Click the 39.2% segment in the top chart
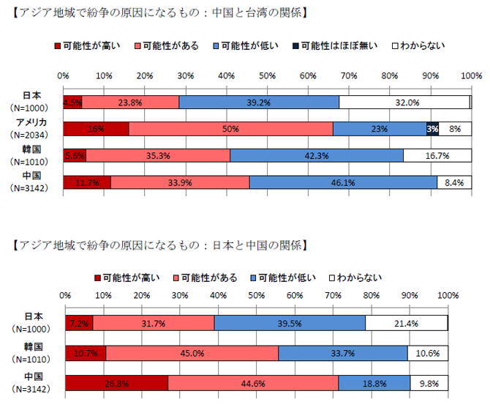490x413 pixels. point(259,103)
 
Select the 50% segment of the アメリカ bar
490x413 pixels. point(231,129)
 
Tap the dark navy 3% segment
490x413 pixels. point(432,129)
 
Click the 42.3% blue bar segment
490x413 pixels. point(316,155)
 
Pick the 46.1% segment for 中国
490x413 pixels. point(343,182)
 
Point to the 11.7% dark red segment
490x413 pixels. point(87,182)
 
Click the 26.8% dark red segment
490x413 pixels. point(116,383)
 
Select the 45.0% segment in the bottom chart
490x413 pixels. point(192,353)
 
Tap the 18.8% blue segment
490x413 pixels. point(374,383)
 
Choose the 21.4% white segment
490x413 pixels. point(406,323)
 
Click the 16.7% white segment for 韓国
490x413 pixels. point(437,155)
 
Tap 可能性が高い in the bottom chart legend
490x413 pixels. point(126,278)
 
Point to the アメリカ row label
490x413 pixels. point(31,122)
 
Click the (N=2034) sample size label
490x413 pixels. point(31,135)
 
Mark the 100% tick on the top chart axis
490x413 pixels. point(470,75)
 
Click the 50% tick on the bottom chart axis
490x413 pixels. point(256,295)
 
